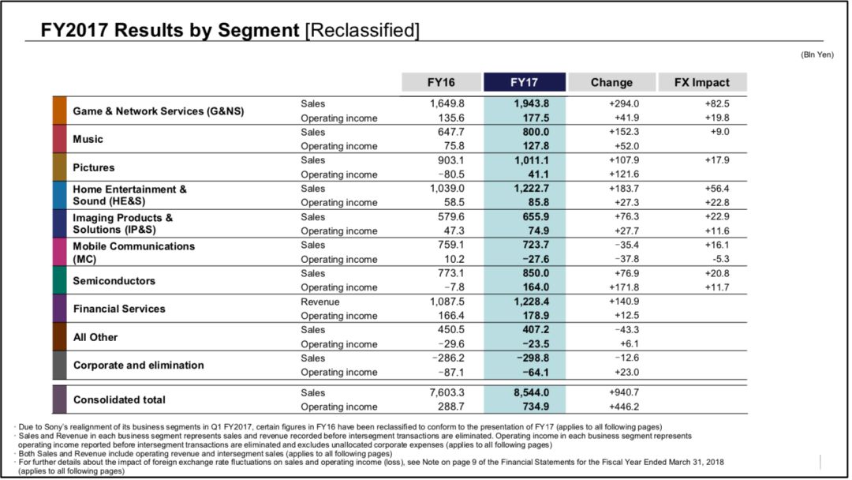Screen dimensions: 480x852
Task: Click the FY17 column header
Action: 524,82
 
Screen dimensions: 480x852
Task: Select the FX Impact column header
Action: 701,82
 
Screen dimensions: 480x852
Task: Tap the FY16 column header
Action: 441,82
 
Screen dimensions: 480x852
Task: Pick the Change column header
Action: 611,82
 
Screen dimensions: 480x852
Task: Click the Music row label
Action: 88,139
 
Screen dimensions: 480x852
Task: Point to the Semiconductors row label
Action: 114,280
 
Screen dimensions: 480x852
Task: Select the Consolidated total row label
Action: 119,399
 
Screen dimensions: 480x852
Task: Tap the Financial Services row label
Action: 119,309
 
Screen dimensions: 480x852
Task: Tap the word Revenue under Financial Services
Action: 319,302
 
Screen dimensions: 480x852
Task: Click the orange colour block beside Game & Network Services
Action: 60,111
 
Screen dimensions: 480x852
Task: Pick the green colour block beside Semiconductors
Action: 60,280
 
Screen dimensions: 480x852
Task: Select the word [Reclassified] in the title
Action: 361,31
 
